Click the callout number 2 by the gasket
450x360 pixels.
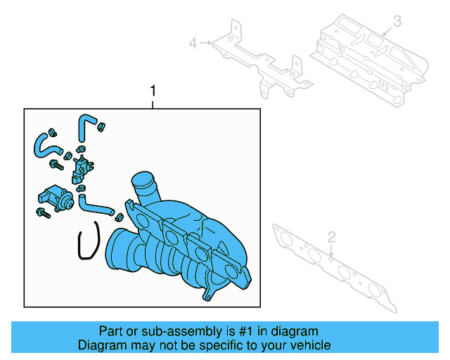pyautogui.click(x=332, y=236)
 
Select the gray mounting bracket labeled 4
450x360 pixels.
pyautogui.click(x=260, y=63)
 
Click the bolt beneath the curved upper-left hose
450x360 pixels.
pyautogui.click(x=55, y=165)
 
